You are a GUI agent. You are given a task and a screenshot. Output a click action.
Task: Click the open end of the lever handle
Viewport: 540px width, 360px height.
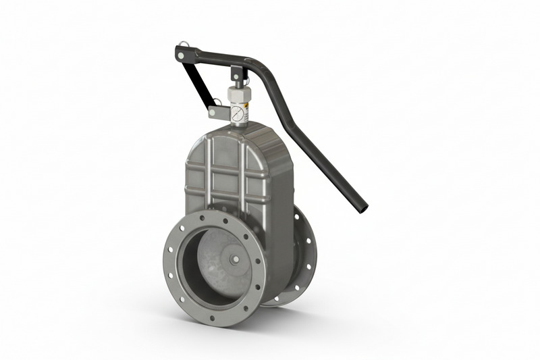[x=362, y=205]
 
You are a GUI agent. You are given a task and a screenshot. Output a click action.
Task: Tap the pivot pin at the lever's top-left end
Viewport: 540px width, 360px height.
[x=180, y=51]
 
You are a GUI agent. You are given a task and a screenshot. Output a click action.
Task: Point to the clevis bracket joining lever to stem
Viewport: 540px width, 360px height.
[x=236, y=74]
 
